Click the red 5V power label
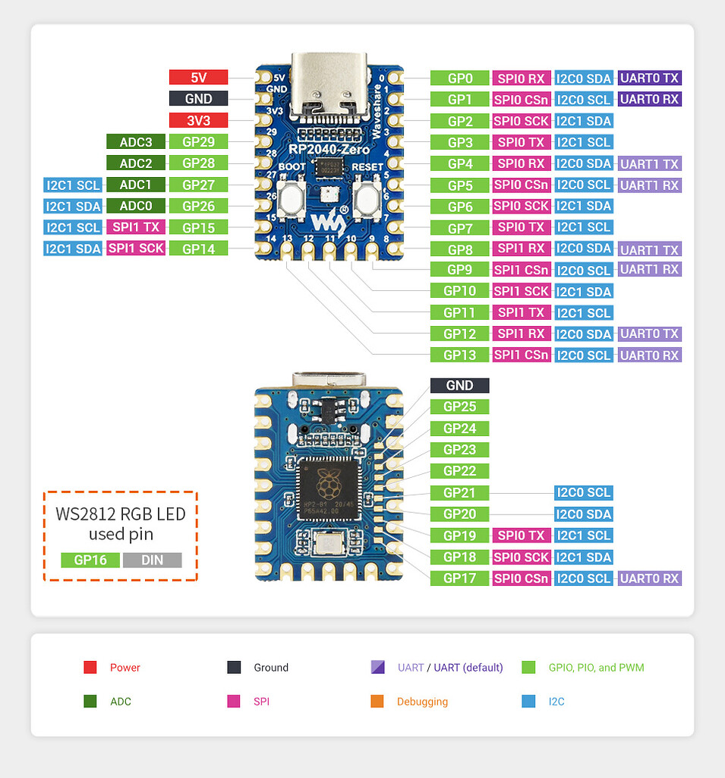[x=198, y=77]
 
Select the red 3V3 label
[x=198, y=120]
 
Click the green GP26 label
[x=198, y=206]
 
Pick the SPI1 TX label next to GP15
[x=135, y=227]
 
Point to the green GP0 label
[x=459, y=78]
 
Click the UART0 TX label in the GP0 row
[x=649, y=77]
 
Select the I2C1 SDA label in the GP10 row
[x=583, y=291]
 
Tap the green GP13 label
[x=459, y=355]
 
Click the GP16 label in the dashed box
[x=90, y=560]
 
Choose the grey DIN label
[x=152, y=560]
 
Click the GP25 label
[x=459, y=406]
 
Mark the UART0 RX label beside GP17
[x=649, y=578]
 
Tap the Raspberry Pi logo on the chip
[x=329, y=480]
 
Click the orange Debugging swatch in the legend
[x=377, y=701]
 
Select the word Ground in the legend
[x=271, y=668]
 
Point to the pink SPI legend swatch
[x=233, y=701]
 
